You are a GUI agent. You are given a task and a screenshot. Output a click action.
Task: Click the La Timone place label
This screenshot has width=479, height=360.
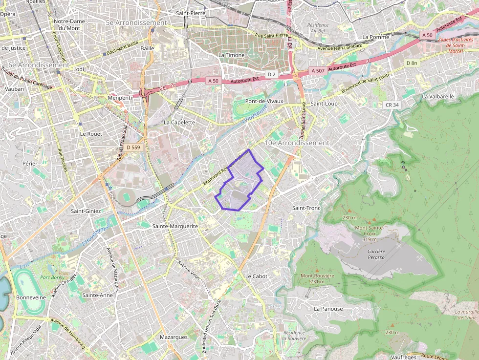(x=231, y=55)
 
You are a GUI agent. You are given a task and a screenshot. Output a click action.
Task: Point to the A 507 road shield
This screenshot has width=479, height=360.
(x=318, y=71)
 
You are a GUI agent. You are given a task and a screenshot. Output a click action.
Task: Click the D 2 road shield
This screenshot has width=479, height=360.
(x=272, y=74)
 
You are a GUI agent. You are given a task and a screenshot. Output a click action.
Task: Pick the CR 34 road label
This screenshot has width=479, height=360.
(x=392, y=105)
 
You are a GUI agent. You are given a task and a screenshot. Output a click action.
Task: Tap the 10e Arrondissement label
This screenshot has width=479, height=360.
(x=297, y=143)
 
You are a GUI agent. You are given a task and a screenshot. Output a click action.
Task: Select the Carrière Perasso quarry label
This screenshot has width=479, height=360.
(x=376, y=254)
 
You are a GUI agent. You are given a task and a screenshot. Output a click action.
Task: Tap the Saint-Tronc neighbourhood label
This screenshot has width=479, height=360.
(x=306, y=208)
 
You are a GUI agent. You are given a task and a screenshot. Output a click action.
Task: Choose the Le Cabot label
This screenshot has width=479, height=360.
(x=256, y=276)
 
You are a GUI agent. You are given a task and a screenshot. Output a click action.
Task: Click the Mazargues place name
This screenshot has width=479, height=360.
(x=174, y=337)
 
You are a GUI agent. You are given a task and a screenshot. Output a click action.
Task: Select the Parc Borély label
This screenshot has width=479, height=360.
(x=52, y=277)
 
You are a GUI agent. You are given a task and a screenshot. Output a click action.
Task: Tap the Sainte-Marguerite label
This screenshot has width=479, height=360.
(x=175, y=226)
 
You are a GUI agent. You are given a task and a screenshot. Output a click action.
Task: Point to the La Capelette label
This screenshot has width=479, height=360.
(x=179, y=123)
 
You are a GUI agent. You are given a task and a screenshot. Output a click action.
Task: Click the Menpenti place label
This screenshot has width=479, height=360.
(x=120, y=98)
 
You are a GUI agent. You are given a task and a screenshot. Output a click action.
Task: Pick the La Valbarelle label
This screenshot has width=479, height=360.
(x=438, y=97)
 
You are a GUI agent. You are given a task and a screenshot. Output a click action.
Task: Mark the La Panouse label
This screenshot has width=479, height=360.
(x=328, y=309)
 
